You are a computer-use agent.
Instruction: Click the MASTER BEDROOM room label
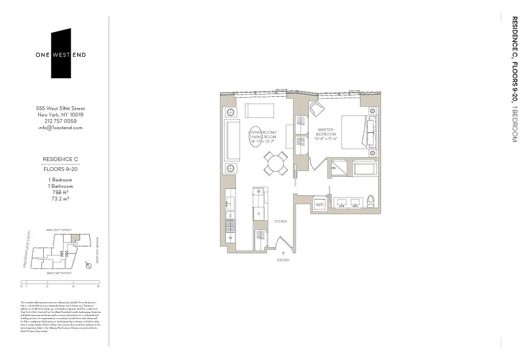(x=325, y=132)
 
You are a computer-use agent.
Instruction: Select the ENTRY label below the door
(x=283, y=260)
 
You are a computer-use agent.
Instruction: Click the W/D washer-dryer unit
(x=320, y=205)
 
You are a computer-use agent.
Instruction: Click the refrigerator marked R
(x=259, y=214)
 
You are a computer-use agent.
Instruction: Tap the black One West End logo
(x=61, y=54)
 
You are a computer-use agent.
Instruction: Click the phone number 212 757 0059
(x=60, y=121)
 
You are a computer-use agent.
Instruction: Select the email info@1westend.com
(x=60, y=127)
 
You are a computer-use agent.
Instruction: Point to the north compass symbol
(x=89, y=266)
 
